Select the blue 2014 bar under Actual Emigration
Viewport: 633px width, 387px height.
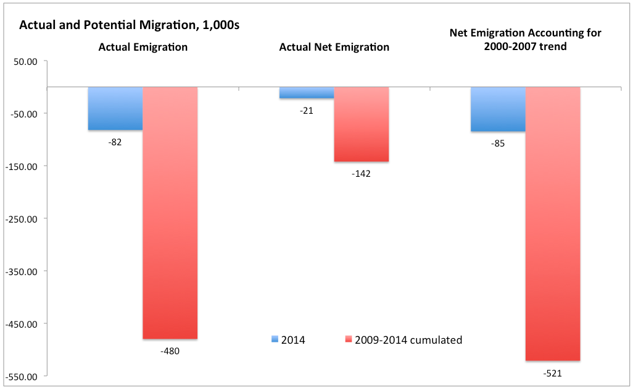(115, 108)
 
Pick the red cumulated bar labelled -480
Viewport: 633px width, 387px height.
(170, 213)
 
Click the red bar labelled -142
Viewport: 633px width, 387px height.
(362, 124)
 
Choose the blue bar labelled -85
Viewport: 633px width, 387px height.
(498, 109)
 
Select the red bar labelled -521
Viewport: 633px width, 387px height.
(553, 223)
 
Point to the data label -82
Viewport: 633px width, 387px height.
(115, 142)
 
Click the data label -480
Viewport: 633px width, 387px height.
(170, 351)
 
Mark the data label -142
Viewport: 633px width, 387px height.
(361, 174)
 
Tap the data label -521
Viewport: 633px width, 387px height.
(553, 373)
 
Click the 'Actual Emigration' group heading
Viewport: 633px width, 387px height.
(143, 47)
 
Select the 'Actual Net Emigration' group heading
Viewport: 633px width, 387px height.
(334, 47)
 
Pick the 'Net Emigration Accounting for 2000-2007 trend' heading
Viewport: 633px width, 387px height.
(525, 40)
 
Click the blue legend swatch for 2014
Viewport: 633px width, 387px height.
(275, 339)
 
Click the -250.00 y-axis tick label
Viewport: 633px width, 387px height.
(22, 219)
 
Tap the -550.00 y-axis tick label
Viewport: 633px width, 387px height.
(22, 376)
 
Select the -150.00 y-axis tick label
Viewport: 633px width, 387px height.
(22, 166)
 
